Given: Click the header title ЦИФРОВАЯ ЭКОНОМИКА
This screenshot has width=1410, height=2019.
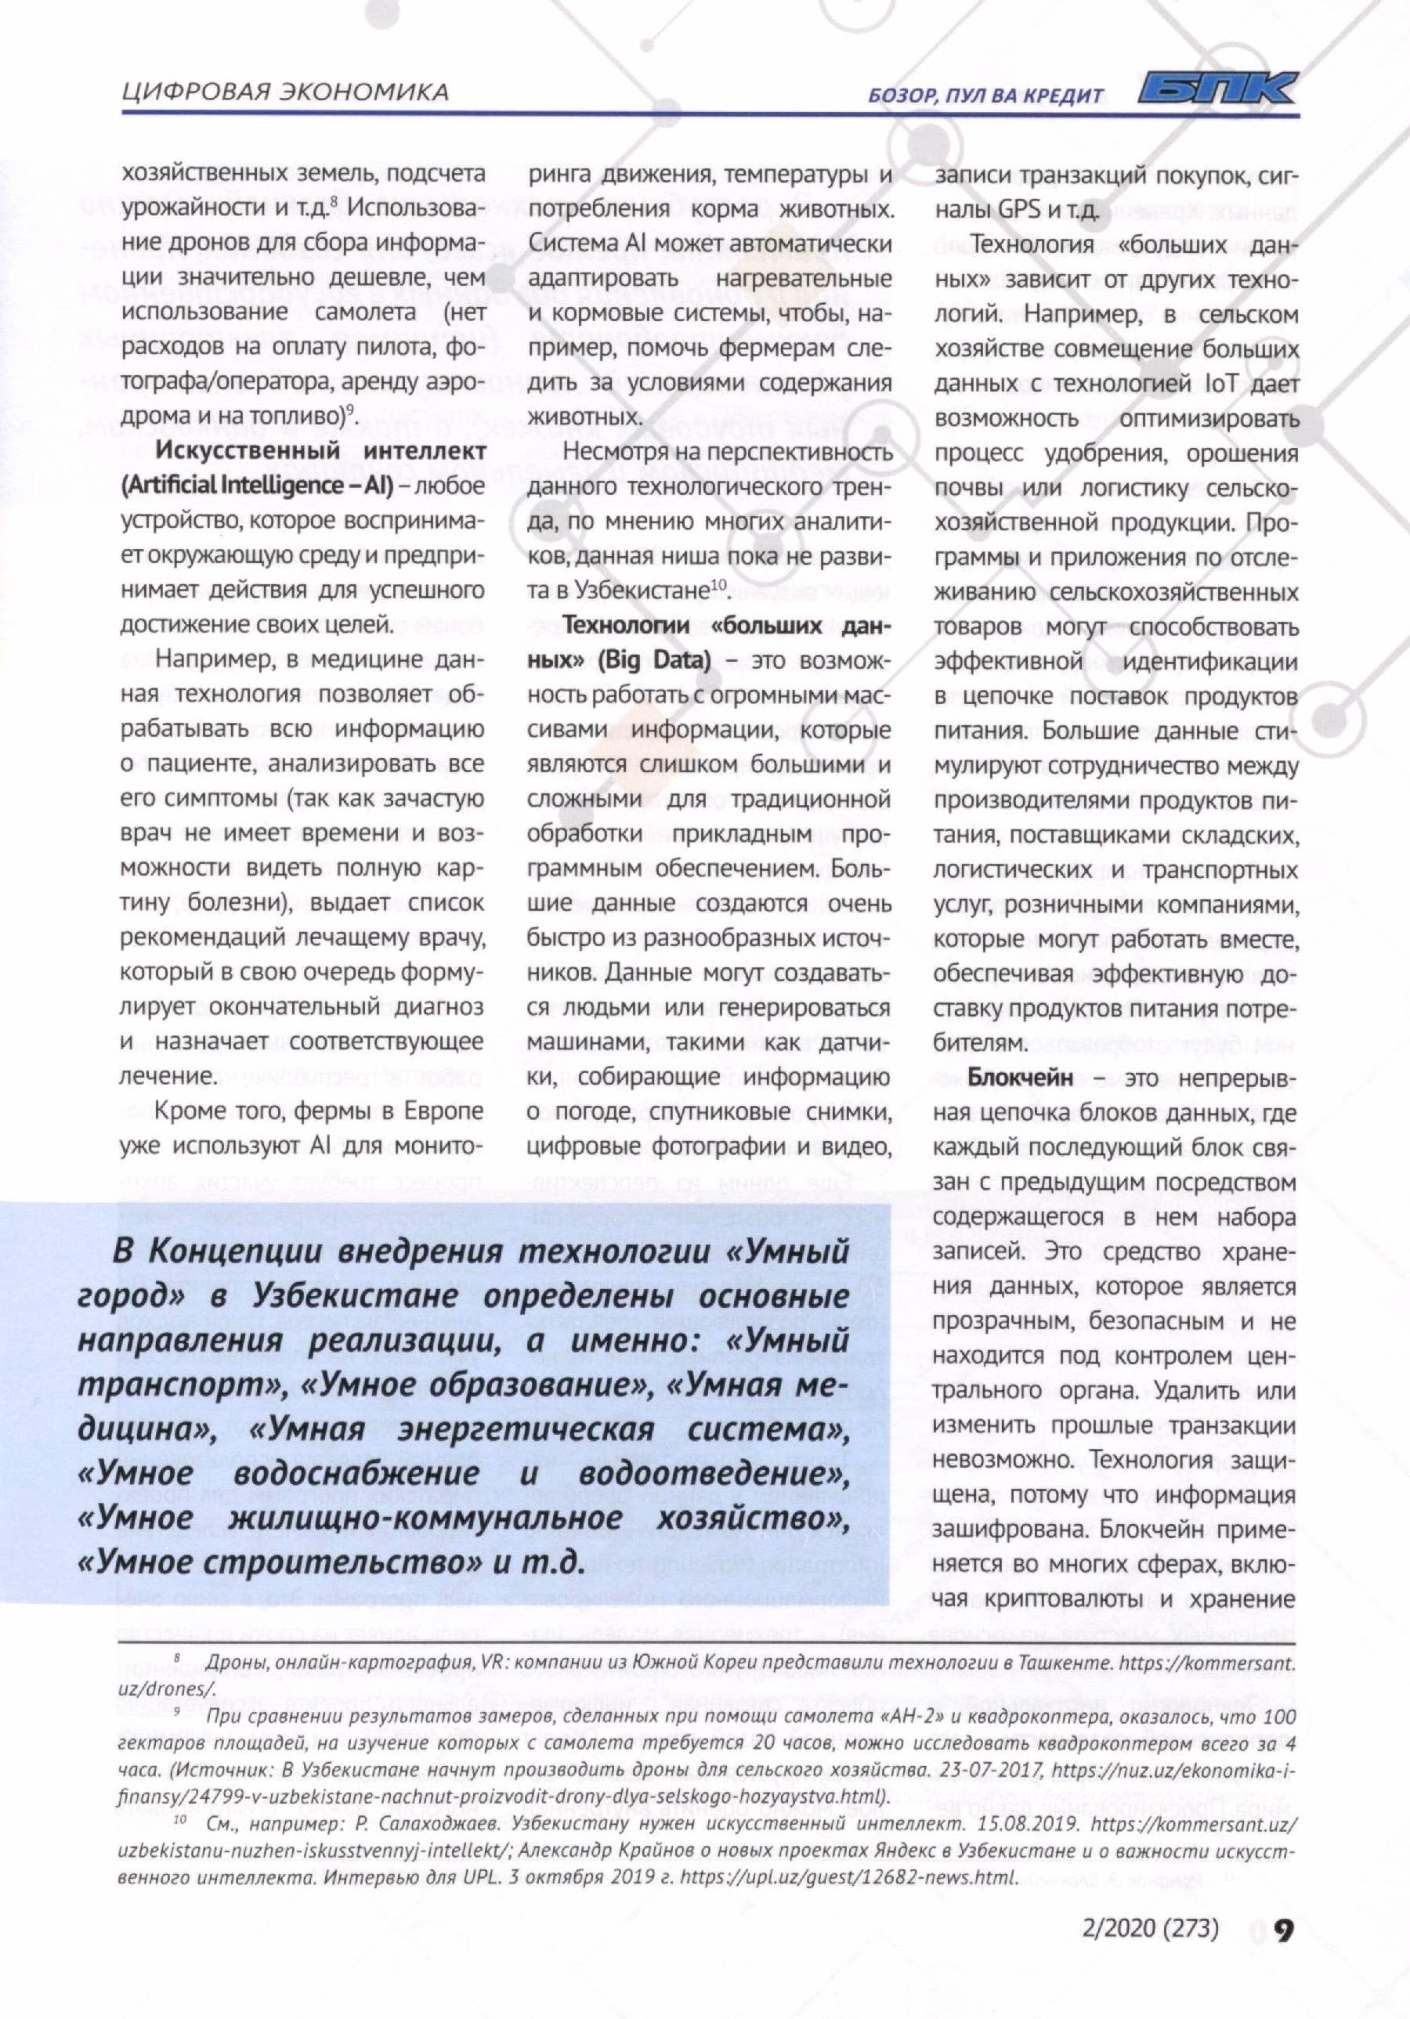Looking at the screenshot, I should (x=284, y=92).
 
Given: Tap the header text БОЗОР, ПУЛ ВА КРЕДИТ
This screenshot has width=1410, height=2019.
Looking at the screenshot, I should (x=985, y=95).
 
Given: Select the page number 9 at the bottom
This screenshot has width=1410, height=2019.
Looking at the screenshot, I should (x=1283, y=1931).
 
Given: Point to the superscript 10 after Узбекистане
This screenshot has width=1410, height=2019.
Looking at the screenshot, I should (x=718, y=585).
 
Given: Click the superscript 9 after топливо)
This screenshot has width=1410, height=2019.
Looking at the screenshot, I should (x=349, y=410).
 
